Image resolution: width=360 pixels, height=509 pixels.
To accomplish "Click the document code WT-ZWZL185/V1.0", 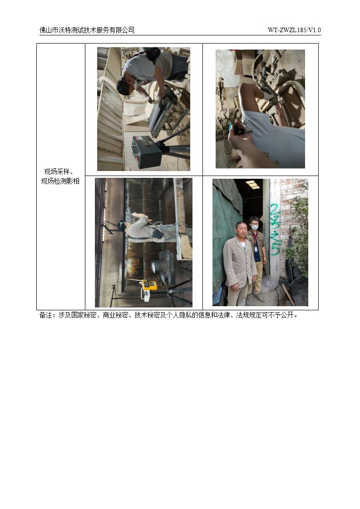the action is click(x=294, y=30).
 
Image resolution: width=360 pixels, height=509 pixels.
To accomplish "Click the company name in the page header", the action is click(x=87, y=30).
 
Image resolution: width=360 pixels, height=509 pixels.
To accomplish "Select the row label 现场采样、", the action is click(x=59, y=172).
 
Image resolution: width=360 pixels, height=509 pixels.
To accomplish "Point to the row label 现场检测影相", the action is click(x=60, y=181).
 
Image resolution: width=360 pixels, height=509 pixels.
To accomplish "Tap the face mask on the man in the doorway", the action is click(x=255, y=228).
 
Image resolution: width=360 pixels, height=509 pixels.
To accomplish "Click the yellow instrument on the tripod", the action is click(x=149, y=285).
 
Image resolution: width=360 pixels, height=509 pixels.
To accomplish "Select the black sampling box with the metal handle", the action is click(x=144, y=151).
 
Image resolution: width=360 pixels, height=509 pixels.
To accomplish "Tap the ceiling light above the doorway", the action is click(x=252, y=184).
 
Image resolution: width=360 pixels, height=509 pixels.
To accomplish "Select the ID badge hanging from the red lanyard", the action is click(x=256, y=249).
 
